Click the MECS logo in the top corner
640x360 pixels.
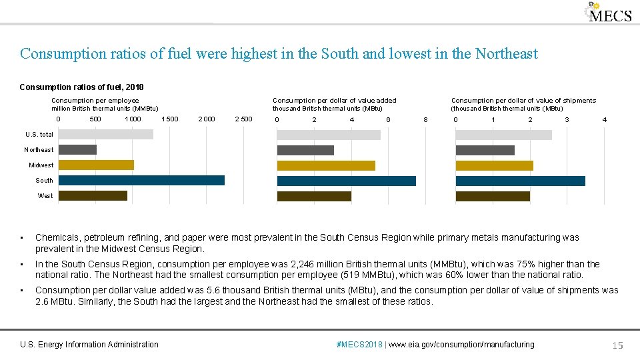click(608, 13)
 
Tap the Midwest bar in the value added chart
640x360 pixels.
click(326, 165)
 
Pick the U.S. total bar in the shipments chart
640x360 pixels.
click(503, 134)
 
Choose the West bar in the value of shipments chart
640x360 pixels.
click(492, 195)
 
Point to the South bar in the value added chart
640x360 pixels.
click(346, 180)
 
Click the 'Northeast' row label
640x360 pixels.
click(39, 149)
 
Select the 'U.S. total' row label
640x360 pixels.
click(39, 134)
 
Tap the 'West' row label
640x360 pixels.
click(45, 195)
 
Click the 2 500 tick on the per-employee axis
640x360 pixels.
click(243, 119)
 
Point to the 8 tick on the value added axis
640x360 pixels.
click(425, 119)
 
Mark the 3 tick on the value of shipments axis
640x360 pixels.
click(567, 119)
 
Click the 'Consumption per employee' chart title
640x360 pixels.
click(95, 101)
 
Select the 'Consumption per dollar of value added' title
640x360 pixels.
click(334, 101)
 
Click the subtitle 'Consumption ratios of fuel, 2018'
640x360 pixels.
click(81, 87)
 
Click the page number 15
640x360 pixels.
click(617, 345)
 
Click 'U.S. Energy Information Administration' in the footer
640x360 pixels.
click(89, 345)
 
